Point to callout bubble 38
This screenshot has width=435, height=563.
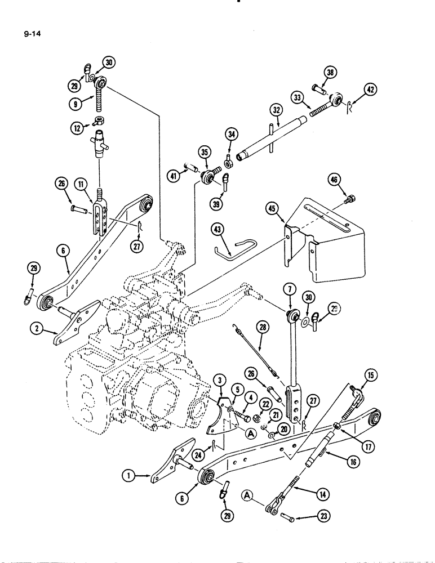pos(330,72)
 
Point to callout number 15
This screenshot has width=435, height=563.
pos(371,376)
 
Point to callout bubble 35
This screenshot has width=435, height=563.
pos(203,152)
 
